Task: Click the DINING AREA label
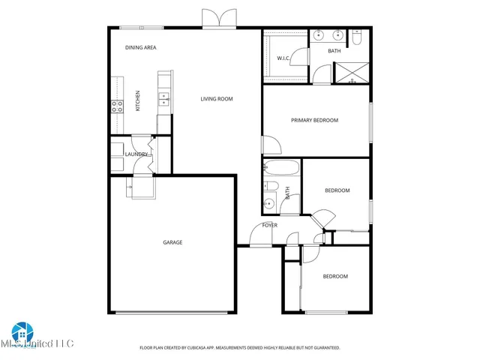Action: pos(140,47)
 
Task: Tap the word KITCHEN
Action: pos(137,101)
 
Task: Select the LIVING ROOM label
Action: pos(216,99)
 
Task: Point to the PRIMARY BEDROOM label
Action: pos(314,120)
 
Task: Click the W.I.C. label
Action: pos(283,58)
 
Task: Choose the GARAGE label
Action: pos(172,242)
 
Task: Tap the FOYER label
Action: pos(269,225)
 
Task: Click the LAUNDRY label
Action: pos(136,154)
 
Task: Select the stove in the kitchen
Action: pos(117,106)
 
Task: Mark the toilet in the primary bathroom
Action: pos(358,36)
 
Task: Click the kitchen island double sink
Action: pos(163,96)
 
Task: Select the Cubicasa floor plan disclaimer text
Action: pos(239,348)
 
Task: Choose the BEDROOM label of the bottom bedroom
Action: pos(335,277)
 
